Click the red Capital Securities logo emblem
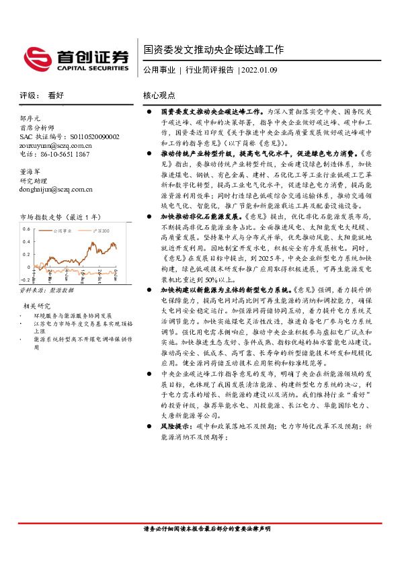click(x=36, y=56)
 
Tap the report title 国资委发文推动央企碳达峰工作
click(x=213, y=50)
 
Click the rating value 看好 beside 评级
click(x=56, y=95)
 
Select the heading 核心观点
click(x=159, y=95)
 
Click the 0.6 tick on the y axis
click(x=27, y=229)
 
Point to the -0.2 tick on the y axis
click(x=26, y=278)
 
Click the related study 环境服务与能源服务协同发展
click(x=72, y=315)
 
